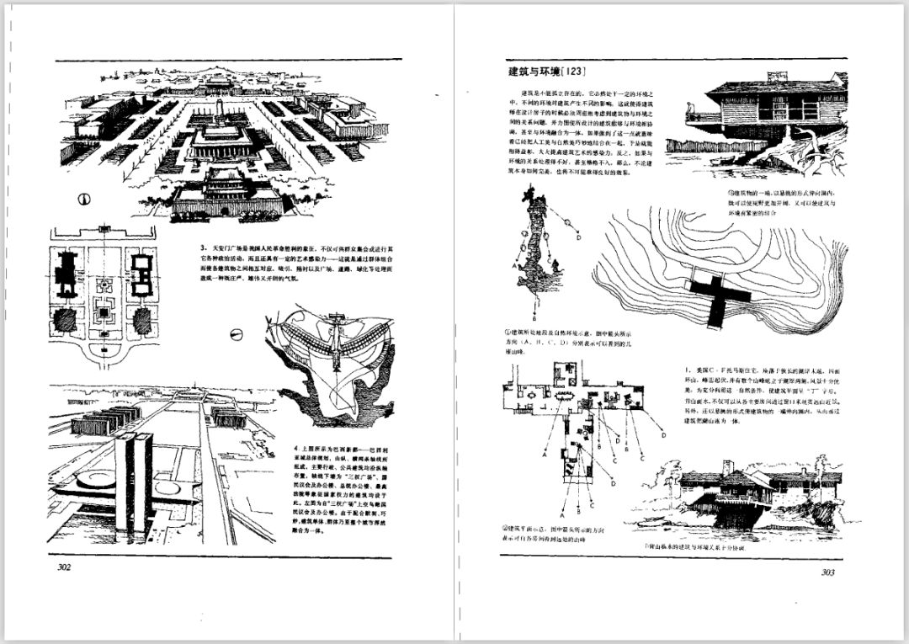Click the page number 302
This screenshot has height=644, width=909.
tap(63, 567)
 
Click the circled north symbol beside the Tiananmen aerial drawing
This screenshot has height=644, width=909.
tap(84, 200)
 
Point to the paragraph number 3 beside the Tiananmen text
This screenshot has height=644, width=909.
tap(203, 248)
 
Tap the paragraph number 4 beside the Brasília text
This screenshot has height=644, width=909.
tap(295, 449)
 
